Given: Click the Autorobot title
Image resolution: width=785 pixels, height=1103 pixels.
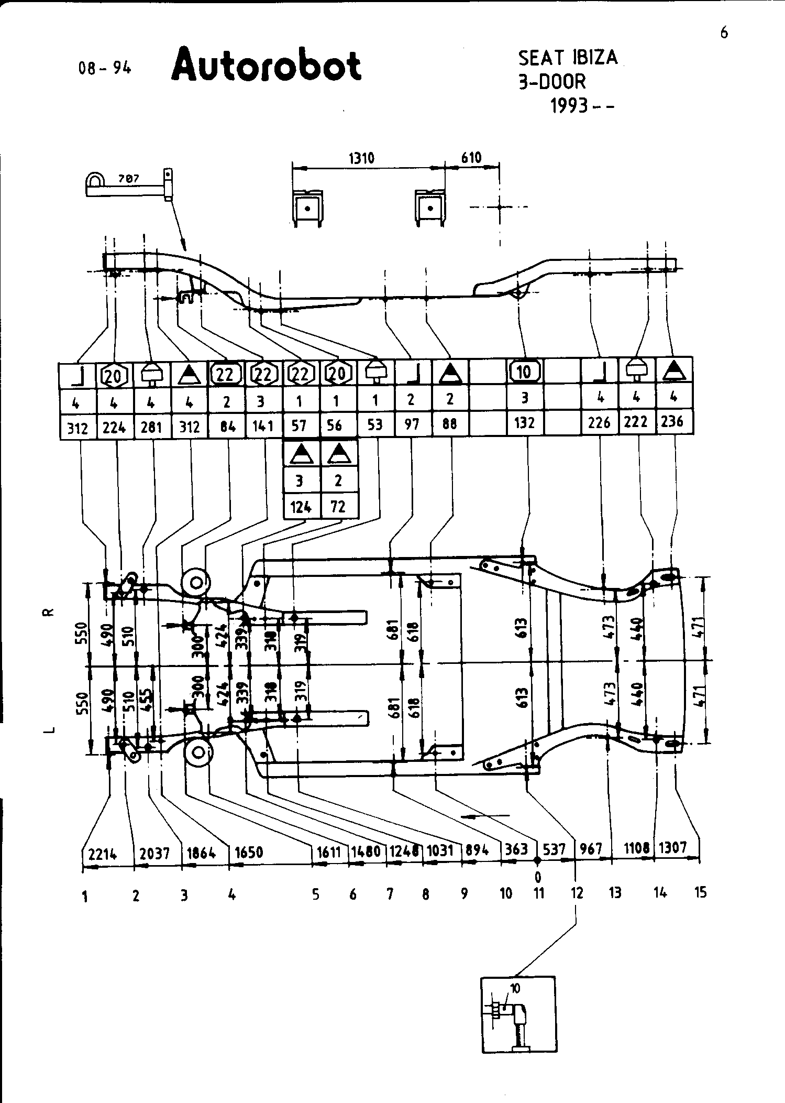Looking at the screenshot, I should pos(266,65).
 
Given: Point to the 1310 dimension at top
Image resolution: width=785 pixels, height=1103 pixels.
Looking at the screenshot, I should pos(361,158).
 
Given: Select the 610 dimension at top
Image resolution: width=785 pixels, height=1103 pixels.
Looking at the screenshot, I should pos(471,157).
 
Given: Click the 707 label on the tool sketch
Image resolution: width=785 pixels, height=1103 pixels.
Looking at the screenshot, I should pos(128,179).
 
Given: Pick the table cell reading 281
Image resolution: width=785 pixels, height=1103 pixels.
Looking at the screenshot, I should pos(152,428).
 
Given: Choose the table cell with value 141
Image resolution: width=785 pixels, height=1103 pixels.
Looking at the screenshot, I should pos(263,426).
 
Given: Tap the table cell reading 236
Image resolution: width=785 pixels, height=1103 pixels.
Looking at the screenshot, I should pos(672,421).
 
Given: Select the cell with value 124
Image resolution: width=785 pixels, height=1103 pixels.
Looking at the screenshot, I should pos(301,507).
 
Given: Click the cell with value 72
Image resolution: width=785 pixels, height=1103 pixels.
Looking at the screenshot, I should pos(339,507).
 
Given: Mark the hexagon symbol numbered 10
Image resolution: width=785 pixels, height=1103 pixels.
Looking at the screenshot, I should pos(524,372).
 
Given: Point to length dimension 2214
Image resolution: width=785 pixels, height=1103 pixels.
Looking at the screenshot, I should pos(102,854).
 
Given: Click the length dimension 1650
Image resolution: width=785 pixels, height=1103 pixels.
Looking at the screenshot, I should pos(249,852).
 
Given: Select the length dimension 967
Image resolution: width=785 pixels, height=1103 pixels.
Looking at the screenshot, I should pos(592,849).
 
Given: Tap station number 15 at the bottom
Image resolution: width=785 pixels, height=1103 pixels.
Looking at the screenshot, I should pos(700,892).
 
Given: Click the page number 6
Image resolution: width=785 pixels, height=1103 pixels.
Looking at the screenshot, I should pos(724,33).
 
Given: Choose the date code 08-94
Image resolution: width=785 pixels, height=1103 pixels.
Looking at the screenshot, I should pos(104,68).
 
